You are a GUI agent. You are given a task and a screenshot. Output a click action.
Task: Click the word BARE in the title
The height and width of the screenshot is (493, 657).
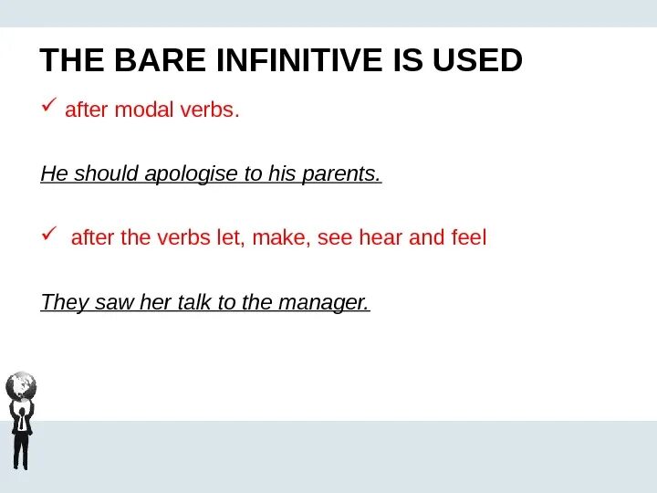click(x=160, y=60)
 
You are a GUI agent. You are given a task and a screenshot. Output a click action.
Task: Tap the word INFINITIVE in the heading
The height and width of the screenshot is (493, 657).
click(x=299, y=60)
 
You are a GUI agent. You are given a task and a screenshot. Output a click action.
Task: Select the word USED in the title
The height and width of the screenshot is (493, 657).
click(x=477, y=60)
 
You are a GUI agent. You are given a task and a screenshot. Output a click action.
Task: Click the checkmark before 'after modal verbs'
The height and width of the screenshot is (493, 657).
click(x=49, y=105)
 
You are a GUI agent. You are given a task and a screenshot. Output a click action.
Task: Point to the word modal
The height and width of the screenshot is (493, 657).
click(x=144, y=110)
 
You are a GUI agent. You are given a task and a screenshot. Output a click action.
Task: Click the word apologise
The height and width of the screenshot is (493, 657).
click(x=191, y=173)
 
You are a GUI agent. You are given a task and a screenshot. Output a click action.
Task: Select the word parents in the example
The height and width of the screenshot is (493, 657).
click(x=341, y=173)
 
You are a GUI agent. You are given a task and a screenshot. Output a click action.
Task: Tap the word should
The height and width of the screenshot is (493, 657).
click(x=107, y=173)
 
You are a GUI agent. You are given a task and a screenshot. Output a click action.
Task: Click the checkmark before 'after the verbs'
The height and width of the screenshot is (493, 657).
click(x=49, y=234)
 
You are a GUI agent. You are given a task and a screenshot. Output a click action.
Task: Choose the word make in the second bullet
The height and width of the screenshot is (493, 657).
click(x=281, y=237)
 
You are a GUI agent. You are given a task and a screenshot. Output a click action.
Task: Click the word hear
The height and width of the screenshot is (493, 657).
click(x=381, y=237)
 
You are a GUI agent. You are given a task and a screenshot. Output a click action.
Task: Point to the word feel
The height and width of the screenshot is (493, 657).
click(x=469, y=236)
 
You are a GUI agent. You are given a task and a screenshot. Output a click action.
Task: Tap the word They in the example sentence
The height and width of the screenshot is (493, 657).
click(x=65, y=302)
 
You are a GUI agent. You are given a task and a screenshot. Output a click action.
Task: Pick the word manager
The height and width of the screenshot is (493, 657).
click(x=324, y=303)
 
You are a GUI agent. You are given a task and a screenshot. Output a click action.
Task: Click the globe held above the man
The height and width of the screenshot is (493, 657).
click(x=21, y=385)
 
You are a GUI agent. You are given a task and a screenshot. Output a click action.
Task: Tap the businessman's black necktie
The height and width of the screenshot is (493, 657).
click(x=21, y=422)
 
